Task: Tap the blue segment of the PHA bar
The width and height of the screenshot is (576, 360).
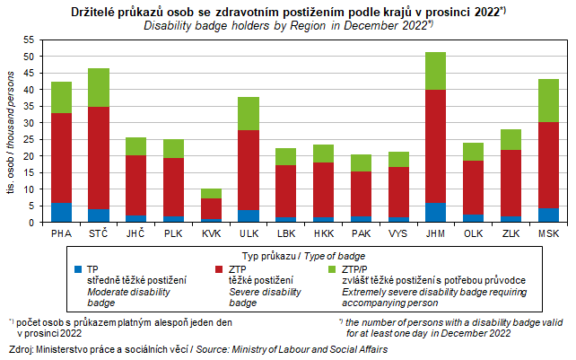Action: pyautogui.click(x=61, y=213)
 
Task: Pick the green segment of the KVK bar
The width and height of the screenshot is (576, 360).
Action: pyautogui.click(x=211, y=193)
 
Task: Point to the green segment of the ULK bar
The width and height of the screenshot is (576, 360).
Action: pyautogui.click(x=249, y=113)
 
